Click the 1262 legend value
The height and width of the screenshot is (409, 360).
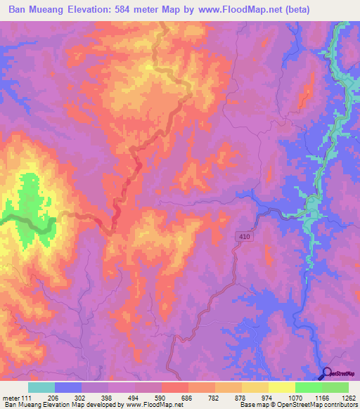[x=348, y=398]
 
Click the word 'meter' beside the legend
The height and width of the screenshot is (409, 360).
[x=12, y=398]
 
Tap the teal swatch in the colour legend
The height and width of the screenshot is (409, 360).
[x=41, y=387]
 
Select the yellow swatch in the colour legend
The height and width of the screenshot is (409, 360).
[x=281, y=387]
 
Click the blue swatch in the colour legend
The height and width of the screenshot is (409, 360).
[x=68, y=387]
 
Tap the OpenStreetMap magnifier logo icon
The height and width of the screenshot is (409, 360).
[x=328, y=375]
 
